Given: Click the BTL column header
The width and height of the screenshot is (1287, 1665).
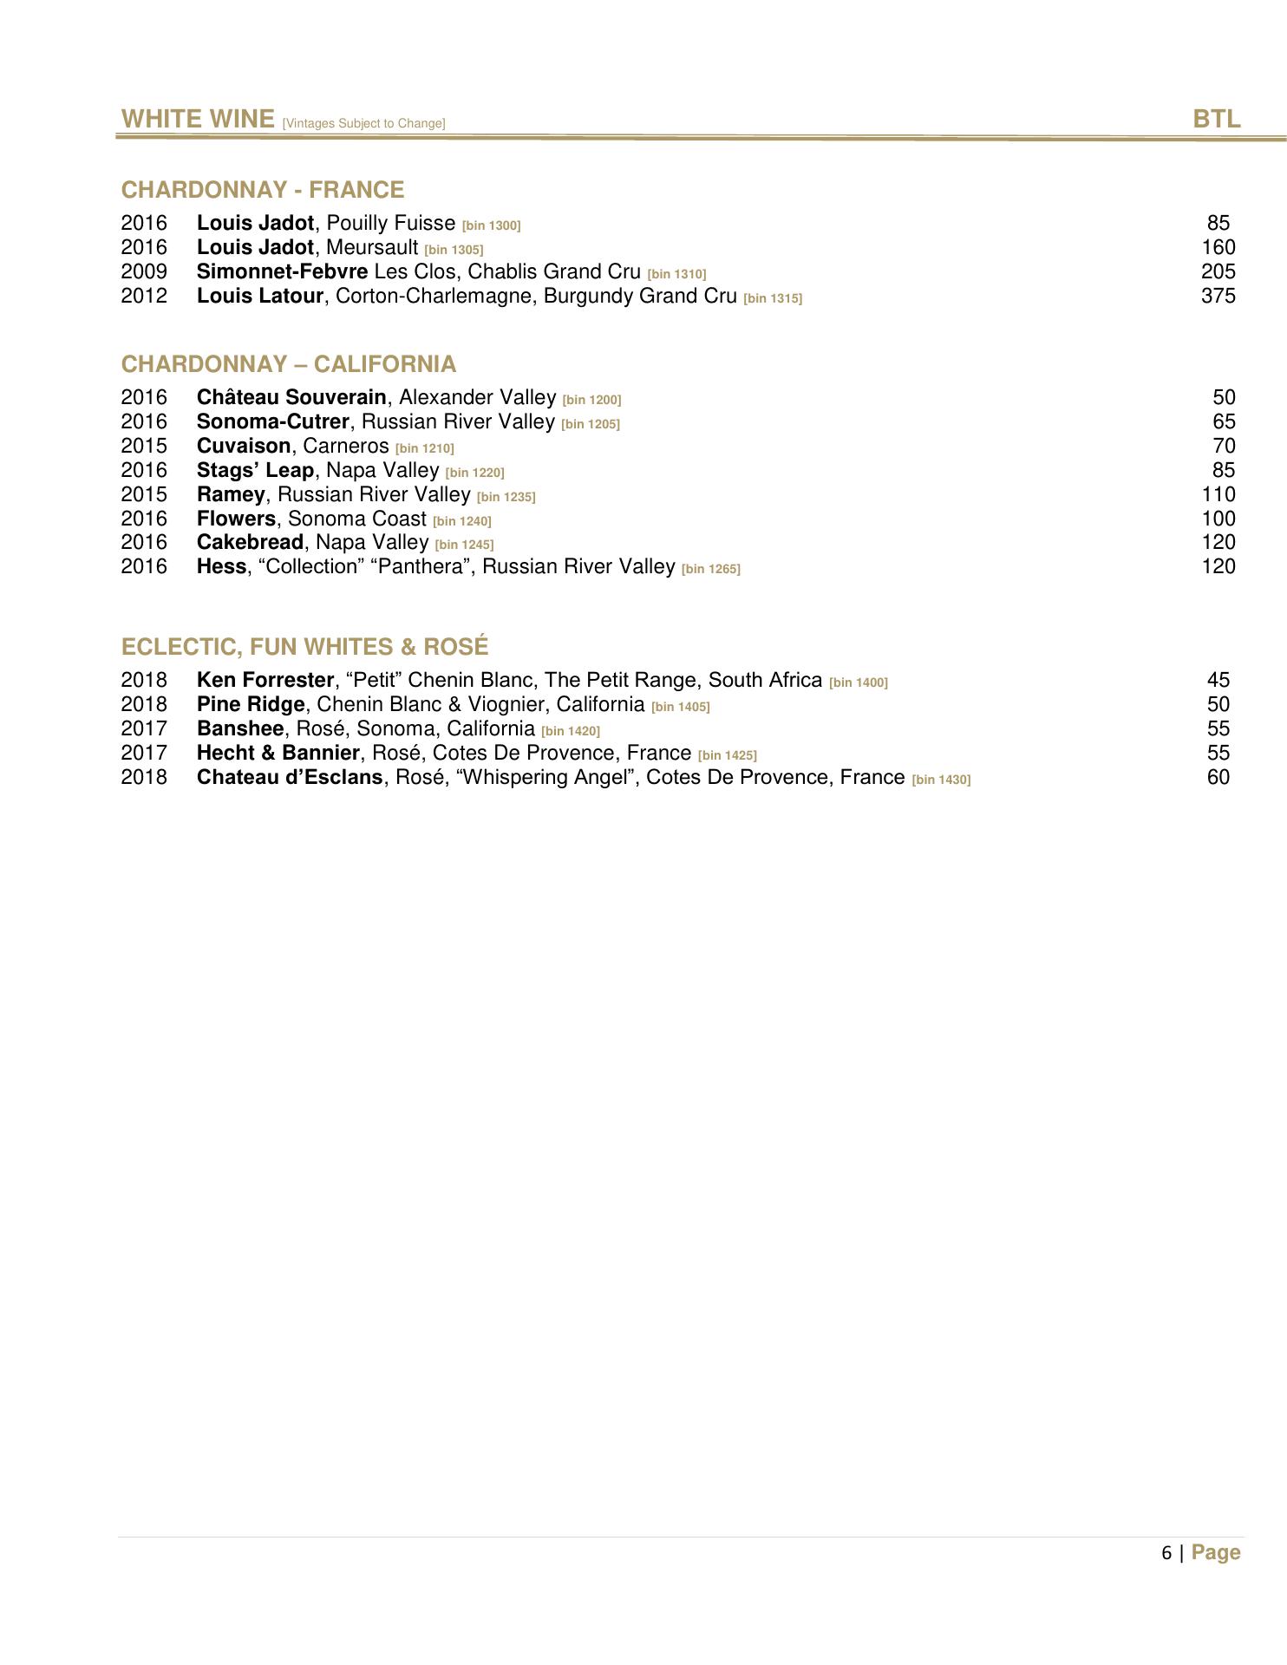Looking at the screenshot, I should (x=1216, y=119).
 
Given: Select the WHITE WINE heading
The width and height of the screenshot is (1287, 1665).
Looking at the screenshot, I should (x=198, y=119).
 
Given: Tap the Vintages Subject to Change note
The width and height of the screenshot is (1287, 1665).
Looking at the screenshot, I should (x=363, y=124).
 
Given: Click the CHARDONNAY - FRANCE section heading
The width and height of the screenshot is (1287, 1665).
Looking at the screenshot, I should (x=263, y=190).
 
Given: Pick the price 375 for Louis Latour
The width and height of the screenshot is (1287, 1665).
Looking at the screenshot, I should (x=1218, y=296).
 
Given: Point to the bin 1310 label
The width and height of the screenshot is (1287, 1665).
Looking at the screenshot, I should (x=676, y=274).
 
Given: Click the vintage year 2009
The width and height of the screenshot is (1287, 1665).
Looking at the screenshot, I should (x=144, y=271).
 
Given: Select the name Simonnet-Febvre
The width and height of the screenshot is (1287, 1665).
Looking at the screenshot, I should (x=282, y=271).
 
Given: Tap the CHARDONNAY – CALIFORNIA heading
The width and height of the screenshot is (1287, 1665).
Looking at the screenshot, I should (x=289, y=364).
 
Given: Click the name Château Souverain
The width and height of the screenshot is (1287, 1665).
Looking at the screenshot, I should (x=291, y=397).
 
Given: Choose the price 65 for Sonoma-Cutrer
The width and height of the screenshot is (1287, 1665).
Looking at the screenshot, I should (x=1224, y=421).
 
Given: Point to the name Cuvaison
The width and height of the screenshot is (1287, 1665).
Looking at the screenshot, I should (x=244, y=446).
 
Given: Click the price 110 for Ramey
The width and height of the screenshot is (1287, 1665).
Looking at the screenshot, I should (x=1218, y=494).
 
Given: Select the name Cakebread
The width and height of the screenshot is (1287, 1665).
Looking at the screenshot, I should (x=250, y=542).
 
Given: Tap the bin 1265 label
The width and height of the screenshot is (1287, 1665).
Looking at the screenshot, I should (x=711, y=569).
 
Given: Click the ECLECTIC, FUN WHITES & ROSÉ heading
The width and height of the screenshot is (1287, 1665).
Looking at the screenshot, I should (x=305, y=647).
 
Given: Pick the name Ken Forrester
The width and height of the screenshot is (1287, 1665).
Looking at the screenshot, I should (x=265, y=680).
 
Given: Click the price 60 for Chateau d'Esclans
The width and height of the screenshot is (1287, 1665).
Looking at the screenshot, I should (x=1218, y=777).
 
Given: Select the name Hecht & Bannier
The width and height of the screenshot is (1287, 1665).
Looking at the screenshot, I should (x=278, y=753).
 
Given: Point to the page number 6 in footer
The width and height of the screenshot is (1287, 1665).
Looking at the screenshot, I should (x=1166, y=1553).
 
